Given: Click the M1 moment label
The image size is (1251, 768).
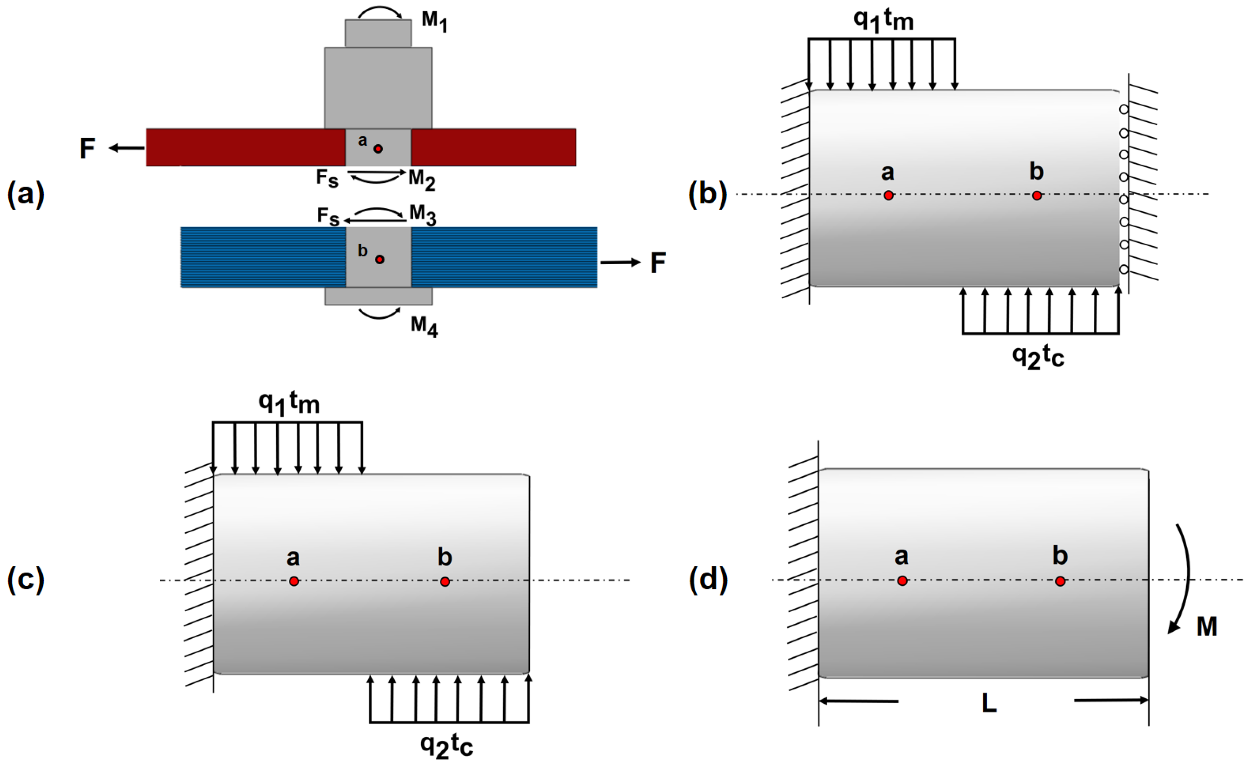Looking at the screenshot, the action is (x=435, y=22).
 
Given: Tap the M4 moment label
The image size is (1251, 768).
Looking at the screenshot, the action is (x=424, y=326).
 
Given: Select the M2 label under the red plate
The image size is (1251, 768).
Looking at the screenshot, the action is (x=422, y=180).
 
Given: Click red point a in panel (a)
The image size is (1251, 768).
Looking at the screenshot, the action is (x=378, y=149).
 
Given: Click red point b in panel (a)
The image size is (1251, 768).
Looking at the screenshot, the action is (x=380, y=259).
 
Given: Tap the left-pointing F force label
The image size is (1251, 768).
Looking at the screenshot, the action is (x=87, y=149).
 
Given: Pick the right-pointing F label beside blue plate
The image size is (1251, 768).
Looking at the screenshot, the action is (x=658, y=263).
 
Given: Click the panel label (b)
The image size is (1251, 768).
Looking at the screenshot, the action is (x=707, y=194).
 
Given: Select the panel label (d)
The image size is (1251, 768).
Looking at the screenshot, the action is (x=708, y=579).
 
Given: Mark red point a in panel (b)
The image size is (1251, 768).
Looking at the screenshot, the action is (x=888, y=195).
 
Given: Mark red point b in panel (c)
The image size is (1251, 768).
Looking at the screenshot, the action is (x=445, y=581).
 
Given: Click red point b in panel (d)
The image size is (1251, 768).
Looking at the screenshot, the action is (x=1060, y=581).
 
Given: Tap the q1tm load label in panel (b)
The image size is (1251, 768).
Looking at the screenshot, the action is (x=884, y=20).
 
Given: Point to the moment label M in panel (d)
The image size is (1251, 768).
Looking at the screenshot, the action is (x=1207, y=626).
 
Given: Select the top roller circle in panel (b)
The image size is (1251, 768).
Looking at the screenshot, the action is (x=1124, y=110).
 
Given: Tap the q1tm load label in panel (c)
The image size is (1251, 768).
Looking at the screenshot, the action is (x=289, y=403).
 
